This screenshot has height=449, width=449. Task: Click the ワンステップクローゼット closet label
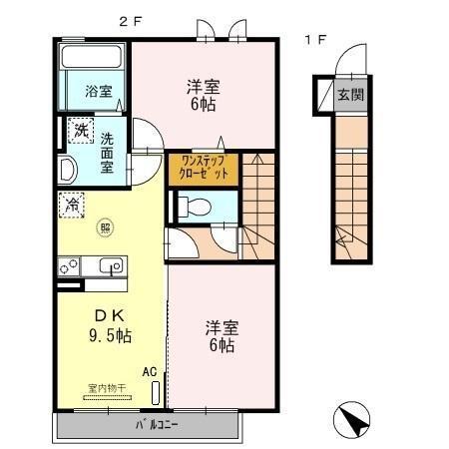[203, 167]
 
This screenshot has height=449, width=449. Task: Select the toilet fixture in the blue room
[196, 207]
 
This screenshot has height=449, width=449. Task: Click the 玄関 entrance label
[348, 96]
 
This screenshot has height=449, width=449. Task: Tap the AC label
[149, 371]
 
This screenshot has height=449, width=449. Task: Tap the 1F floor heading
[314, 41]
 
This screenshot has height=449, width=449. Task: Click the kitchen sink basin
[110, 266]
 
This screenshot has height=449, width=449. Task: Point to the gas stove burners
[69, 266]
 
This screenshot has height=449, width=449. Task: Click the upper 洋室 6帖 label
[202, 93]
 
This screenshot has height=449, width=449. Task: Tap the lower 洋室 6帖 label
[221, 335]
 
